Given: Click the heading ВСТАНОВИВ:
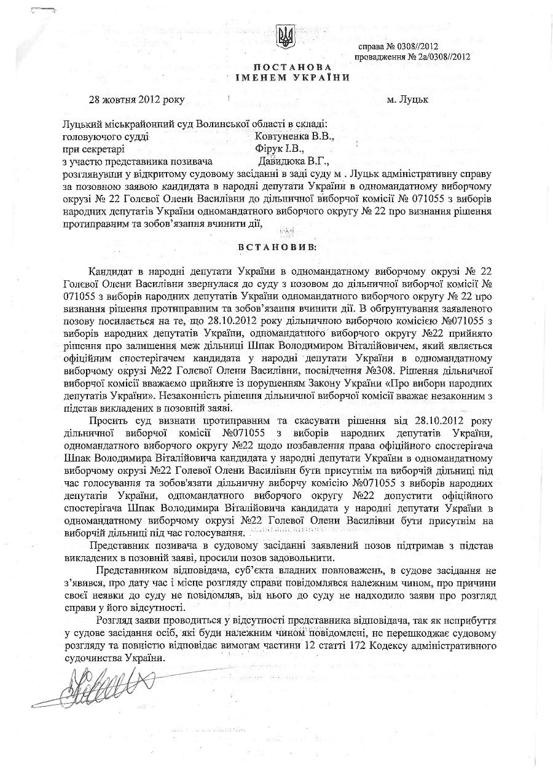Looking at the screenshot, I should click(x=280, y=246).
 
